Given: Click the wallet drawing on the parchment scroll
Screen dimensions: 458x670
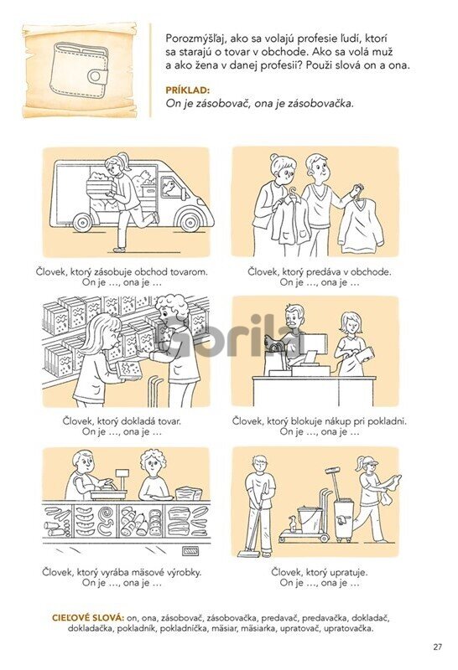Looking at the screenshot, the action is pyautogui.click(x=79, y=70).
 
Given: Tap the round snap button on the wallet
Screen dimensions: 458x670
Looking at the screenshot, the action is pyautogui.click(x=96, y=76).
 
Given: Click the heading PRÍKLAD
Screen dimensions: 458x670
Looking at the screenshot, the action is pyautogui.click(x=188, y=90).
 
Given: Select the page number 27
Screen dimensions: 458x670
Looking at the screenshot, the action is pyautogui.click(x=438, y=647).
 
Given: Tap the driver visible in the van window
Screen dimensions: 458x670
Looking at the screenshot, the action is pyautogui.click(x=169, y=188).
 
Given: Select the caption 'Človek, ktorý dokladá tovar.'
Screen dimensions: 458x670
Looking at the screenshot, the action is pyautogui.click(x=122, y=421).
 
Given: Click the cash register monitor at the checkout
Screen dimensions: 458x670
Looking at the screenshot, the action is pyautogui.click(x=315, y=344).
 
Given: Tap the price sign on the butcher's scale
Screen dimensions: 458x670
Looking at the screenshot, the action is pyautogui.click(x=122, y=473).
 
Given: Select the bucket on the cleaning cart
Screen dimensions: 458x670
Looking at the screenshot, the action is pyautogui.click(x=310, y=519).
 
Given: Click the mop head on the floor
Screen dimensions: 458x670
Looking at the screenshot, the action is pyautogui.click(x=248, y=554).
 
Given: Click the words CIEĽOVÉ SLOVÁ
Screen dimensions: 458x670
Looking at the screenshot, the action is pyautogui.click(x=88, y=618).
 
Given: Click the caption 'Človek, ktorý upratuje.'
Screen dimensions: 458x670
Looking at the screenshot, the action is pyautogui.click(x=320, y=572).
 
